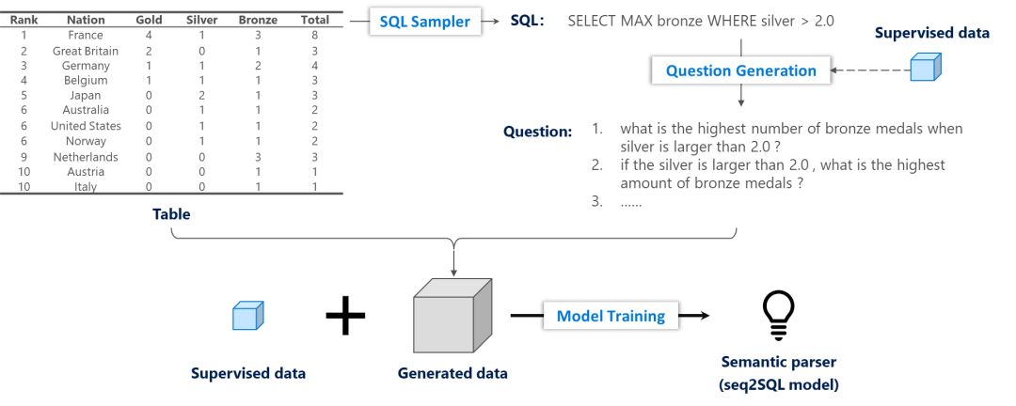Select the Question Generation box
(x=741, y=70)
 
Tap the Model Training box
(x=611, y=316)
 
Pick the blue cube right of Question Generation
(x=926, y=68)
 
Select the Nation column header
(x=86, y=20)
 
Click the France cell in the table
(x=86, y=35)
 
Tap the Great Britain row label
(x=86, y=51)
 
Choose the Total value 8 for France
(x=313, y=35)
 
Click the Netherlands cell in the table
(x=86, y=156)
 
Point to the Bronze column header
(x=257, y=20)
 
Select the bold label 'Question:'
(x=537, y=132)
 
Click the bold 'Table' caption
(x=171, y=214)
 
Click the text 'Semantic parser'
(x=778, y=361)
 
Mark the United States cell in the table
(x=86, y=126)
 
